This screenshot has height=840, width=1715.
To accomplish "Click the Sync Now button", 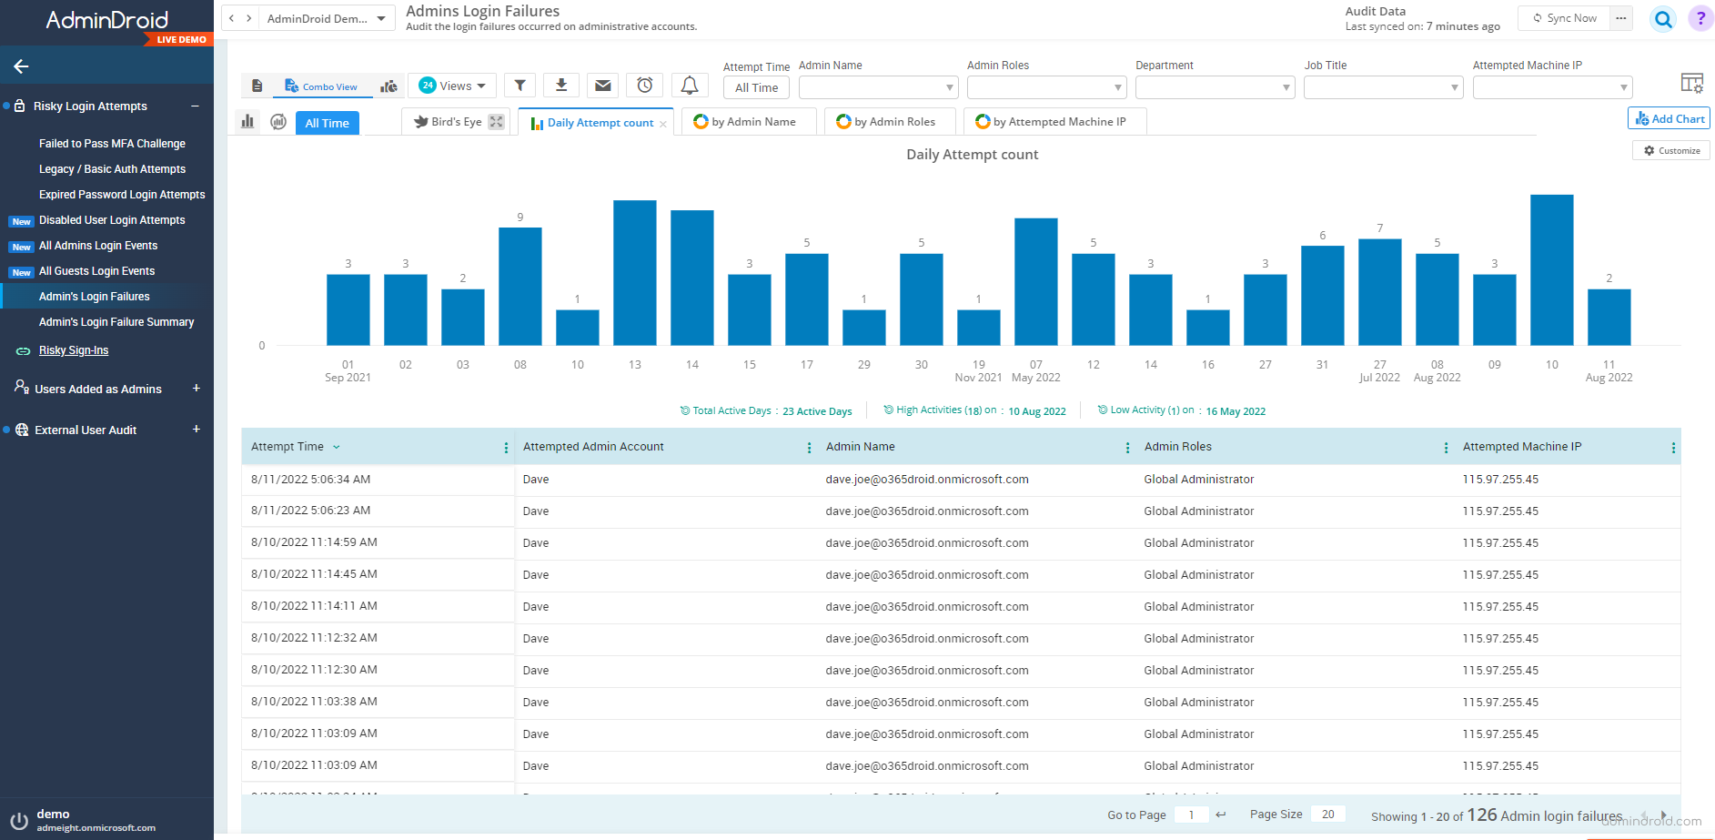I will [x=1565, y=18].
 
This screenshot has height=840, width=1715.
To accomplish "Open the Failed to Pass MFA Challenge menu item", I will [x=112, y=144].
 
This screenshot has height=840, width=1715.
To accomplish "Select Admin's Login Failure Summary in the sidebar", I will [x=116, y=322].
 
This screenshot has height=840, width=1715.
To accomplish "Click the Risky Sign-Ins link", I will [x=74, y=350].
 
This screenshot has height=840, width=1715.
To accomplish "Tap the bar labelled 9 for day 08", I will [x=520, y=286].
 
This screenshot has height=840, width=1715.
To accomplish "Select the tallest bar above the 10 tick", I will [x=1551, y=269].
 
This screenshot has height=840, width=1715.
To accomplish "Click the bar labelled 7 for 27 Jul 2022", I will [x=1379, y=291].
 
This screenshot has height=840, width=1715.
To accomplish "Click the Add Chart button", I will [x=1669, y=118].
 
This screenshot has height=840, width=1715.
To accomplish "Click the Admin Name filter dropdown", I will [x=878, y=87].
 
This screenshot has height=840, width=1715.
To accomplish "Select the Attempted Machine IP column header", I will [x=1522, y=447].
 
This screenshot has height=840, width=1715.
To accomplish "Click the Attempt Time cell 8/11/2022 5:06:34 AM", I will [x=311, y=480].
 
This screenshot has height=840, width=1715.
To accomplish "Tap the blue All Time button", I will [x=327, y=123].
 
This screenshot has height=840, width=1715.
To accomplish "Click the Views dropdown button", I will [x=452, y=86].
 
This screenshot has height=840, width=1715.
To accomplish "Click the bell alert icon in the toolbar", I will [x=690, y=86].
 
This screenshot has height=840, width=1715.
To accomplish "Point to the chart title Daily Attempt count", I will [x=972, y=155].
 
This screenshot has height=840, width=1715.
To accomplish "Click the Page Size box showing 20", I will [x=1327, y=815].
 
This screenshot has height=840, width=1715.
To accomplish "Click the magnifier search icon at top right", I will [x=1663, y=18].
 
